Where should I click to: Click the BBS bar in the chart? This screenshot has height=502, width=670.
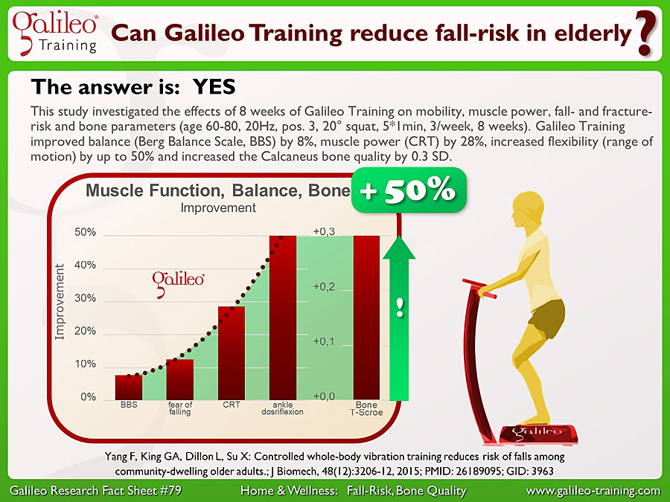click(x=129, y=387)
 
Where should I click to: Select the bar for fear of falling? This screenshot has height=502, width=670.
click(x=180, y=379)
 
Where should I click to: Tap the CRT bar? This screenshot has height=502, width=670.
click(x=232, y=353)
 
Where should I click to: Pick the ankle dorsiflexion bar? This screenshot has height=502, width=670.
click(x=282, y=318)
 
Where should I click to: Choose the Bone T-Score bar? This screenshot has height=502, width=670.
click(x=366, y=318)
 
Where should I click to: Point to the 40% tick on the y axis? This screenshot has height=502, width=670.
click(x=85, y=265)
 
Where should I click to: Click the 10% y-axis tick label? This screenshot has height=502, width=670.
click(x=85, y=364)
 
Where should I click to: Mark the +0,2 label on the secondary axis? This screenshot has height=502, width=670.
click(x=324, y=286)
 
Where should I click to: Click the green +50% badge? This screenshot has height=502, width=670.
click(x=409, y=190)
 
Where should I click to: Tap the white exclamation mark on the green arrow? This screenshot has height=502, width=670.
click(x=400, y=307)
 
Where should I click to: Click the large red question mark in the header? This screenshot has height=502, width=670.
click(x=645, y=33)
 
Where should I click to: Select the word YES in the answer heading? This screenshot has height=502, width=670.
click(x=214, y=87)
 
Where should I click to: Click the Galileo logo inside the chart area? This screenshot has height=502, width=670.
click(x=178, y=283)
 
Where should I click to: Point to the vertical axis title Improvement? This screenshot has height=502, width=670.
click(x=60, y=301)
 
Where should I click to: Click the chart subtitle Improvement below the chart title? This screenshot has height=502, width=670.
click(x=218, y=208)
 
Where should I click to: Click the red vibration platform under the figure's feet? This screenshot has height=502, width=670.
click(x=539, y=434)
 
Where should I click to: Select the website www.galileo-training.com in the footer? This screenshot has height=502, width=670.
click(x=593, y=491)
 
